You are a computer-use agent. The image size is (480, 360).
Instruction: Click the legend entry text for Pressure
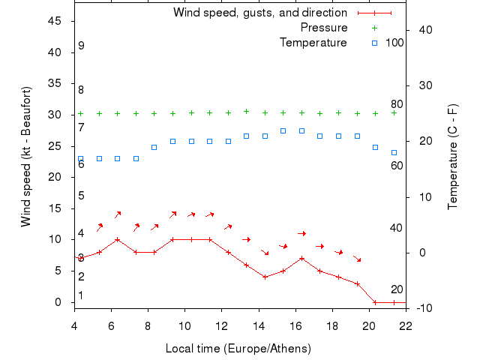[x=323, y=28]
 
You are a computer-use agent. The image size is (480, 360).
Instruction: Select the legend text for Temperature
[x=313, y=43]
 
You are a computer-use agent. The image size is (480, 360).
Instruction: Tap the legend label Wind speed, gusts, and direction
[x=259, y=13]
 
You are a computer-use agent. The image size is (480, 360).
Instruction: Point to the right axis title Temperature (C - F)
[x=453, y=156]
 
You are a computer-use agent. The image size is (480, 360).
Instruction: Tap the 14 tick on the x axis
[x=259, y=325]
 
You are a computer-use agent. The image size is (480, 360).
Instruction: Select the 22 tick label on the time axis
[x=406, y=325]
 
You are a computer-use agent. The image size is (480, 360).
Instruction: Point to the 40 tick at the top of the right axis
[x=421, y=29]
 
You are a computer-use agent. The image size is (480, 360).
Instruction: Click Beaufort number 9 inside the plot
[x=81, y=46]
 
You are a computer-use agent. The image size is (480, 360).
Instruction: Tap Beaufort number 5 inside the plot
[x=81, y=196]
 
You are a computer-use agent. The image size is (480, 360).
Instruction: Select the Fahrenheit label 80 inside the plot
[x=397, y=104]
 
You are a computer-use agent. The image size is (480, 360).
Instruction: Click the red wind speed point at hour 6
[x=118, y=240]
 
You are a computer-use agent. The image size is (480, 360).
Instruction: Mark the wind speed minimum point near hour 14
[x=265, y=277]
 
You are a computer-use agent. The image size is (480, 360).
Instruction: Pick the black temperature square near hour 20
[x=375, y=147]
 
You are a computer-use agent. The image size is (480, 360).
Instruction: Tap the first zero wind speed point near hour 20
[x=375, y=302]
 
